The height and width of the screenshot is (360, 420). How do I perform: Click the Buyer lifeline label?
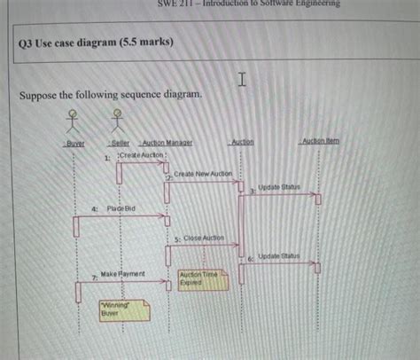pyautogui.click(x=74, y=144)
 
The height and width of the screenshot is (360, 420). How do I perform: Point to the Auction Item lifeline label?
pyautogui.click(x=319, y=142)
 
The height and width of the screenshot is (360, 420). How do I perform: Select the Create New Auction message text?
pyautogui.click(x=203, y=174)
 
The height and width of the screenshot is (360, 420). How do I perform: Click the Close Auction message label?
pyautogui.click(x=204, y=239)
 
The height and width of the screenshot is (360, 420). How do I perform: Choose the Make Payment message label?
pyautogui.click(x=123, y=275)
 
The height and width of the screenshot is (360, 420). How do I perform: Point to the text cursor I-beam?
pyautogui.click(x=240, y=82)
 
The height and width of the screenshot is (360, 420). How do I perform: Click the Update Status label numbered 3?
pyautogui.click(x=279, y=188)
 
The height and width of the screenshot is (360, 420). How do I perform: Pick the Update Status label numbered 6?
pyautogui.click(x=278, y=255)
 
